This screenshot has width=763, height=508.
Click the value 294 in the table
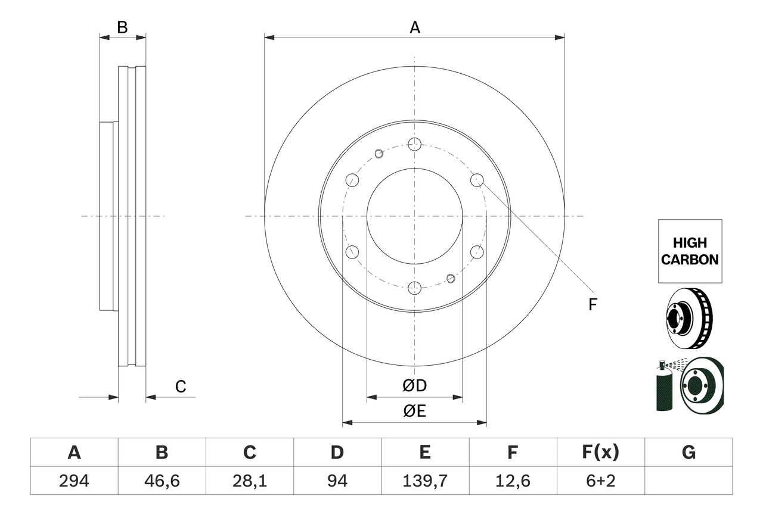(74, 481)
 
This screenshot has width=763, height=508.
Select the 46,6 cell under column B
(162, 481)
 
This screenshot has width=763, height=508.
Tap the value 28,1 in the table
(249, 481)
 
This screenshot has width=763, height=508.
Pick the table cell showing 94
(337, 481)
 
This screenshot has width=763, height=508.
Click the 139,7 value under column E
(424, 481)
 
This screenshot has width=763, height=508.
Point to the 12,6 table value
(512, 481)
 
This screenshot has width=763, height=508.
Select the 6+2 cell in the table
(600, 481)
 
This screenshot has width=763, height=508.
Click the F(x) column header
(600, 453)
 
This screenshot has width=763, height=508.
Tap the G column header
(688, 453)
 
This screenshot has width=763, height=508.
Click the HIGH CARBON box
(690, 251)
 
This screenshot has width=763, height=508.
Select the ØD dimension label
(415, 386)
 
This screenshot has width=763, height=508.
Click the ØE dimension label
(415, 412)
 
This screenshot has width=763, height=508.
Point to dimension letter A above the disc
(415, 27)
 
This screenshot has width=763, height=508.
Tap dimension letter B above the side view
(122, 27)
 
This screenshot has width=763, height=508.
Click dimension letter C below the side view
(181, 387)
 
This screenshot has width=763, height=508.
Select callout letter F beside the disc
(593, 305)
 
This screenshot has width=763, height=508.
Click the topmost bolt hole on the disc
(415, 144)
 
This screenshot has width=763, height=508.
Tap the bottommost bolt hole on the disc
(415, 288)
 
